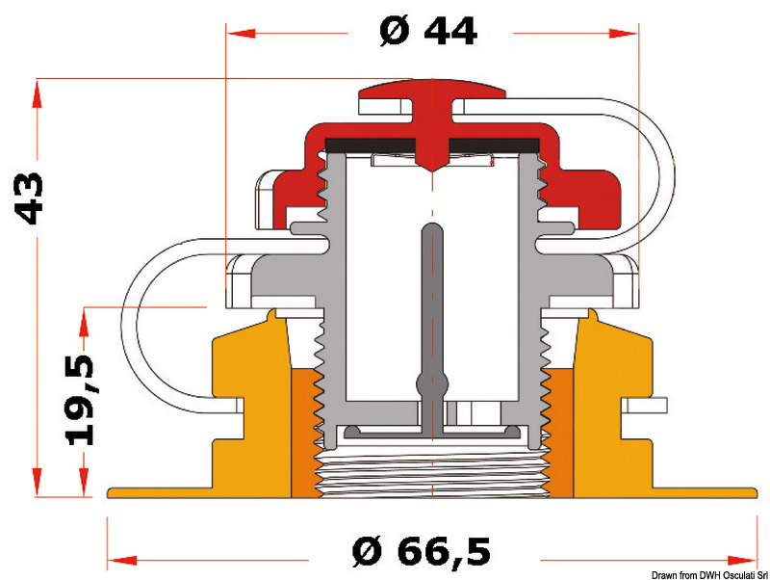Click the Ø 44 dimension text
click(428, 32)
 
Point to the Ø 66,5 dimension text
click(422, 551)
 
